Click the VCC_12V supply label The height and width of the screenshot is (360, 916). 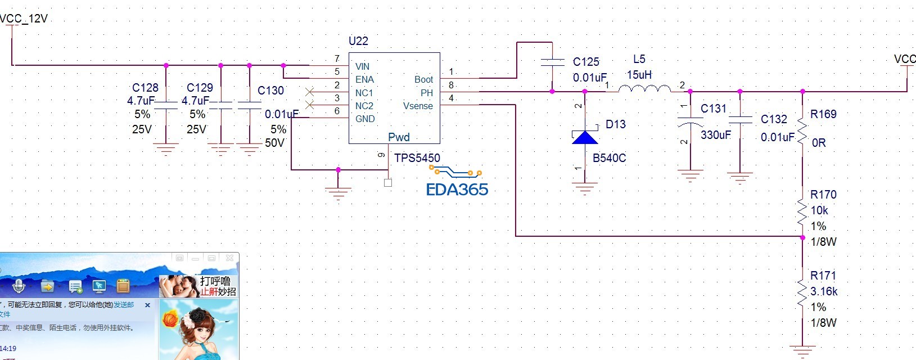pos(24,19)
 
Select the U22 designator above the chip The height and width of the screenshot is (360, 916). pos(358,41)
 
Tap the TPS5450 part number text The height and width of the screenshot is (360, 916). pos(417,158)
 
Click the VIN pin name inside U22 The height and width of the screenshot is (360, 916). pos(362,66)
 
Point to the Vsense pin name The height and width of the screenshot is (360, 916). pos(418,106)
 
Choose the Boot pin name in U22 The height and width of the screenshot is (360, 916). pos(423,80)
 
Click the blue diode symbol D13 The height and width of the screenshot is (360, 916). pos(585,137)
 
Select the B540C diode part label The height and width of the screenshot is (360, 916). pos(609,158)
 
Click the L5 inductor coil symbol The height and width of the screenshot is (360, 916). pos(644,88)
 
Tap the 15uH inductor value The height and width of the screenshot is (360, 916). pos(639,75)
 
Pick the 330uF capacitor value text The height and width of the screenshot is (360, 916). pos(715,135)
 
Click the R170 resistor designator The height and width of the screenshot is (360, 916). pos(823,195)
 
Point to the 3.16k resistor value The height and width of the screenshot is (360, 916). pos(824,291)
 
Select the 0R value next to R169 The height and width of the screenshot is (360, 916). pos(819,143)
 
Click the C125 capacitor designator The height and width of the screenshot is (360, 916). pos(586,62)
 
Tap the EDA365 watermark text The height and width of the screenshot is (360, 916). pos(457,190)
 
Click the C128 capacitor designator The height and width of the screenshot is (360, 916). pos(145,88)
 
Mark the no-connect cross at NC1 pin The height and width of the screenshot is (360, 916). pos(309,91)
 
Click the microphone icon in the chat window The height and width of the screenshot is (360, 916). pos(19,286)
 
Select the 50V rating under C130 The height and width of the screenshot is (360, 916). pos(274,143)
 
